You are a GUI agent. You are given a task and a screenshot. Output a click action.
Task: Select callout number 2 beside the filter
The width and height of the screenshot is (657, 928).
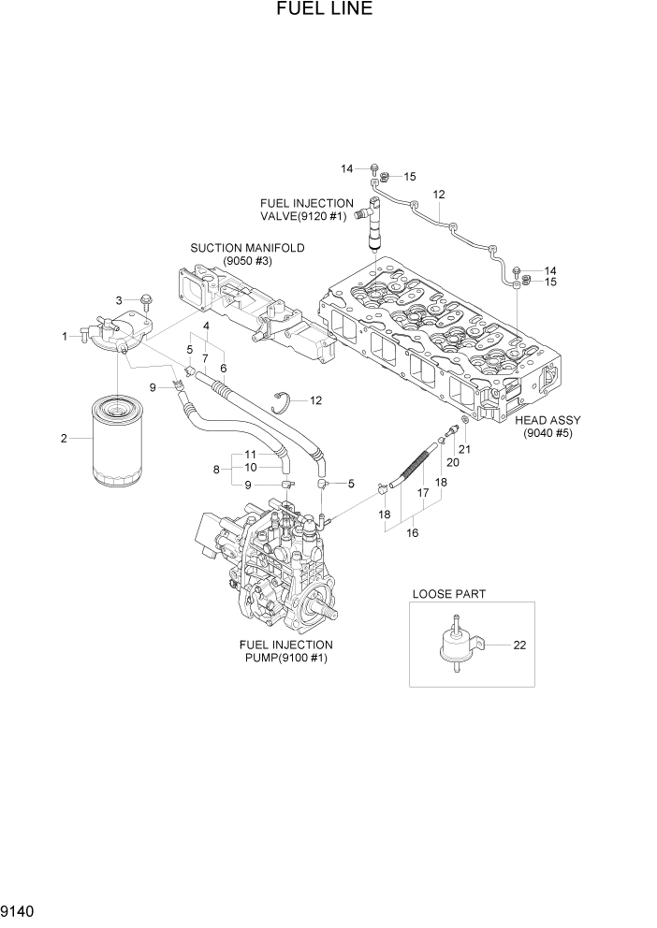(x=64, y=439)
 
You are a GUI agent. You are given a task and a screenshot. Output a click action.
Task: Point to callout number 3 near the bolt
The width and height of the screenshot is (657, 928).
(x=119, y=299)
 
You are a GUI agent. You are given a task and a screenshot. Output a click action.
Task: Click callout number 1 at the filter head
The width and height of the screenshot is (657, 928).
(x=65, y=337)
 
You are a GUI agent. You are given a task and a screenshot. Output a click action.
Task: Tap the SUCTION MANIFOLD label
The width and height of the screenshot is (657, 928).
(x=247, y=254)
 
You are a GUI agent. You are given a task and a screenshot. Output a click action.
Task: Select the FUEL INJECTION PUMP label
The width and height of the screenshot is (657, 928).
(x=285, y=651)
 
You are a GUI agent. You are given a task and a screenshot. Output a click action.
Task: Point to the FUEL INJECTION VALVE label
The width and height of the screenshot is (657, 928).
(x=307, y=210)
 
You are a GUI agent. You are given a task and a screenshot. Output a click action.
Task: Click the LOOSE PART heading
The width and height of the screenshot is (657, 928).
(x=448, y=594)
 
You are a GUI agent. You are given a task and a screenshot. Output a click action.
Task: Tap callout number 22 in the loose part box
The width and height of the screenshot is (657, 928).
(x=519, y=645)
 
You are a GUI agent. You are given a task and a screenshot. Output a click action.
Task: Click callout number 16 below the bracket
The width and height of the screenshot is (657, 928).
(x=413, y=533)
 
